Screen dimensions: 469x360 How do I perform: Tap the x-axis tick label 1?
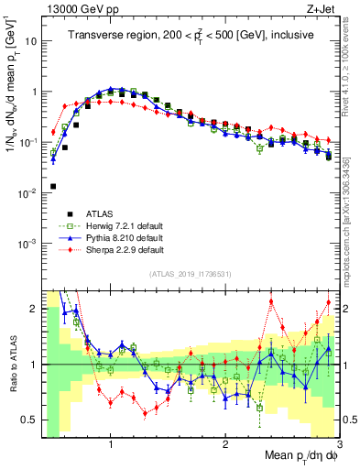(111, 444)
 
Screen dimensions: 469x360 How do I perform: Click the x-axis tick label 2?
(225, 444)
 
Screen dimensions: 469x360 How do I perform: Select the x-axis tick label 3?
(338, 444)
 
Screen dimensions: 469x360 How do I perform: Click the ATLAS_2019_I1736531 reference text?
(190, 274)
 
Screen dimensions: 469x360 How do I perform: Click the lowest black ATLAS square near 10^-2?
(52, 186)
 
